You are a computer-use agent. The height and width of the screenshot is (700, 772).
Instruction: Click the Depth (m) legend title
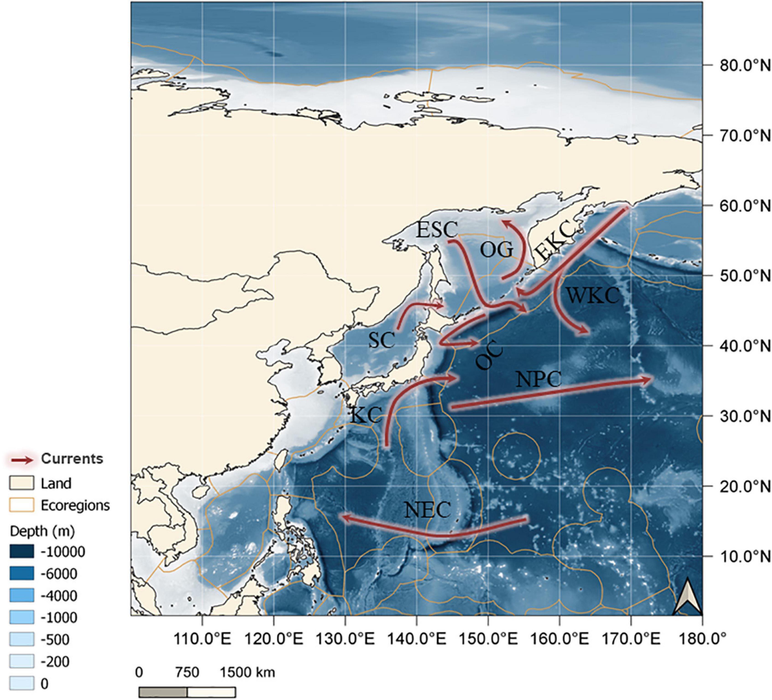[42, 531]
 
